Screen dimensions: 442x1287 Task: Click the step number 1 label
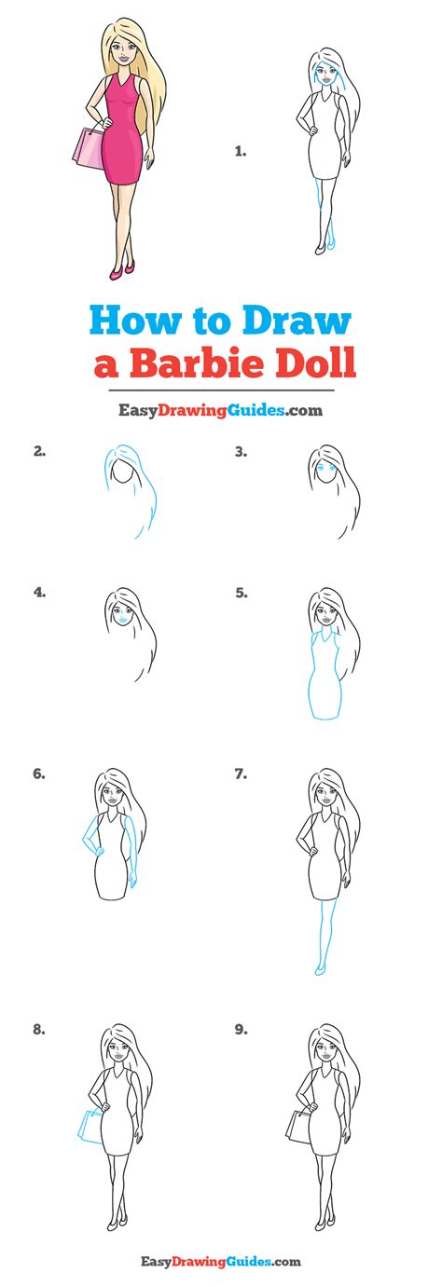point(241,152)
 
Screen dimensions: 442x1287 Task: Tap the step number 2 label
point(39,452)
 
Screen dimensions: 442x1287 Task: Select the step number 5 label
point(241,593)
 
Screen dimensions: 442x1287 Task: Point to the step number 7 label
point(241,774)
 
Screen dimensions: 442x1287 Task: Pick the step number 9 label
point(241,1030)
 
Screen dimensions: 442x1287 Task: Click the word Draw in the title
point(297,322)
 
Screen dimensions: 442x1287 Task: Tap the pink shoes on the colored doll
point(122,269)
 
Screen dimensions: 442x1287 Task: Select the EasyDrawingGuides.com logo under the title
point(220,411)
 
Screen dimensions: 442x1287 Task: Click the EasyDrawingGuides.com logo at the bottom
point(221,1262)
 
